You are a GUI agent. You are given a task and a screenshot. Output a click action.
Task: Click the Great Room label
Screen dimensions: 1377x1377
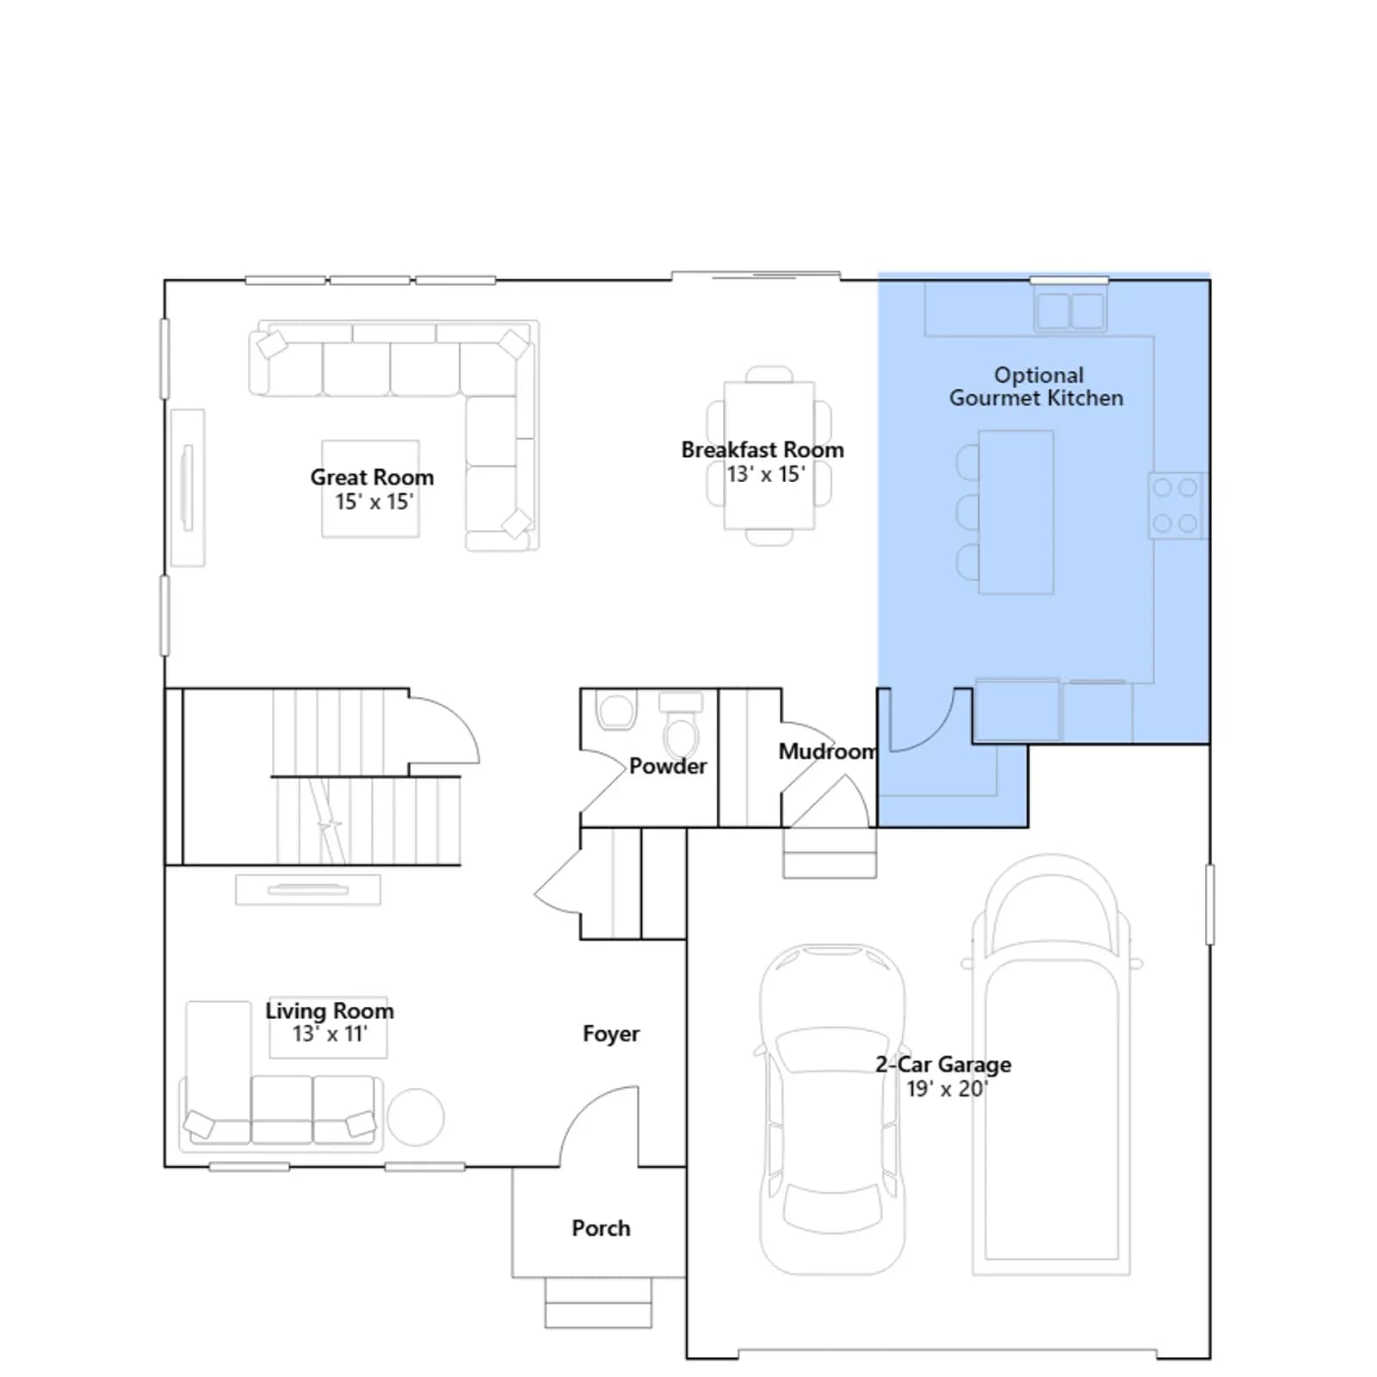372,477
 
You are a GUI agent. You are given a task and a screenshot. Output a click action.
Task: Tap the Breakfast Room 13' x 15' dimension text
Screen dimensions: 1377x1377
766,474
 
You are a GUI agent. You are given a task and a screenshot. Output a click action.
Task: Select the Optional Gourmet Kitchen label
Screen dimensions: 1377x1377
1037,386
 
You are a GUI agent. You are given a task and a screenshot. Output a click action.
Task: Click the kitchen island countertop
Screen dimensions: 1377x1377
1016,512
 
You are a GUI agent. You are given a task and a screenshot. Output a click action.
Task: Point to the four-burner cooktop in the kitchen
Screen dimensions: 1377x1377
1176,506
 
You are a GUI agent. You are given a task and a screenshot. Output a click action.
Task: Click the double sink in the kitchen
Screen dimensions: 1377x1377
1070,311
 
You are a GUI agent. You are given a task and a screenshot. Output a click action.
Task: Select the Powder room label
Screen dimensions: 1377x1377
668,766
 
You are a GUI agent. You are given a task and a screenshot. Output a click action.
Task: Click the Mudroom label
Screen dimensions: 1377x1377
828,751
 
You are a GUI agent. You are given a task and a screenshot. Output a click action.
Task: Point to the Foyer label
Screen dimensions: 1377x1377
611,1034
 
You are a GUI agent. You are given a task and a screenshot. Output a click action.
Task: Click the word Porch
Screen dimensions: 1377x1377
601,1228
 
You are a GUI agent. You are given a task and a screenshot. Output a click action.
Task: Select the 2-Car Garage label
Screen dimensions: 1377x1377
943,1065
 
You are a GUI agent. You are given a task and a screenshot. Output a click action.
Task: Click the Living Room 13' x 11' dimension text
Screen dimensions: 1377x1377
330,1034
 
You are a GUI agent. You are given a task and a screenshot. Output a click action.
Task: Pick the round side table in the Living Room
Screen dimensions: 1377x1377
416,1117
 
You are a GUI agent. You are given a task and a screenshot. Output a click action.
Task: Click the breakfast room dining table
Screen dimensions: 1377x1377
769,455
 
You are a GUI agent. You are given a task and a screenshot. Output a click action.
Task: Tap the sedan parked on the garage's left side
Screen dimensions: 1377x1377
832,1109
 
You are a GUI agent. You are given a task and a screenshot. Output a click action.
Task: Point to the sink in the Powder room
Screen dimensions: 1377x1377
615,712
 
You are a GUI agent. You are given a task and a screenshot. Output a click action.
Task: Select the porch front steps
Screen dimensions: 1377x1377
598,1302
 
